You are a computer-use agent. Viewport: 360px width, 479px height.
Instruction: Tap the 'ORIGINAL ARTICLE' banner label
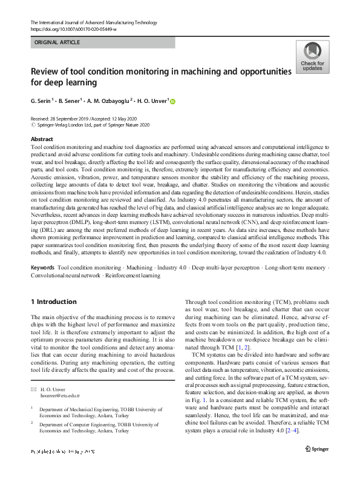pyautogui.click(x=58, y=43)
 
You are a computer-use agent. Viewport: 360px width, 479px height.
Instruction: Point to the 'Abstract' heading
pyautogui.click(x=41, y=139)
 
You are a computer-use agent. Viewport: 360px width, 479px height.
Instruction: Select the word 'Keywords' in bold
pyautogui.click(x=43, y=267)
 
